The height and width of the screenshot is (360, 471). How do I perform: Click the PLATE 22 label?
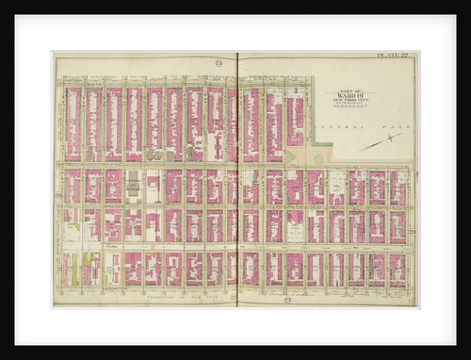pos(393,58)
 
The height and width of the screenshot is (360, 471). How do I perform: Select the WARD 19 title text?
pos(353,94)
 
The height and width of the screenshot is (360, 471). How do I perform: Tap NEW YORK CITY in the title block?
pos(353,100)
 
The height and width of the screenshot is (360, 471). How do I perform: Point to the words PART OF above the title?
pos(353,89)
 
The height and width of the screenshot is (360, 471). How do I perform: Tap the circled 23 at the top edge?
pos(219,63)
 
